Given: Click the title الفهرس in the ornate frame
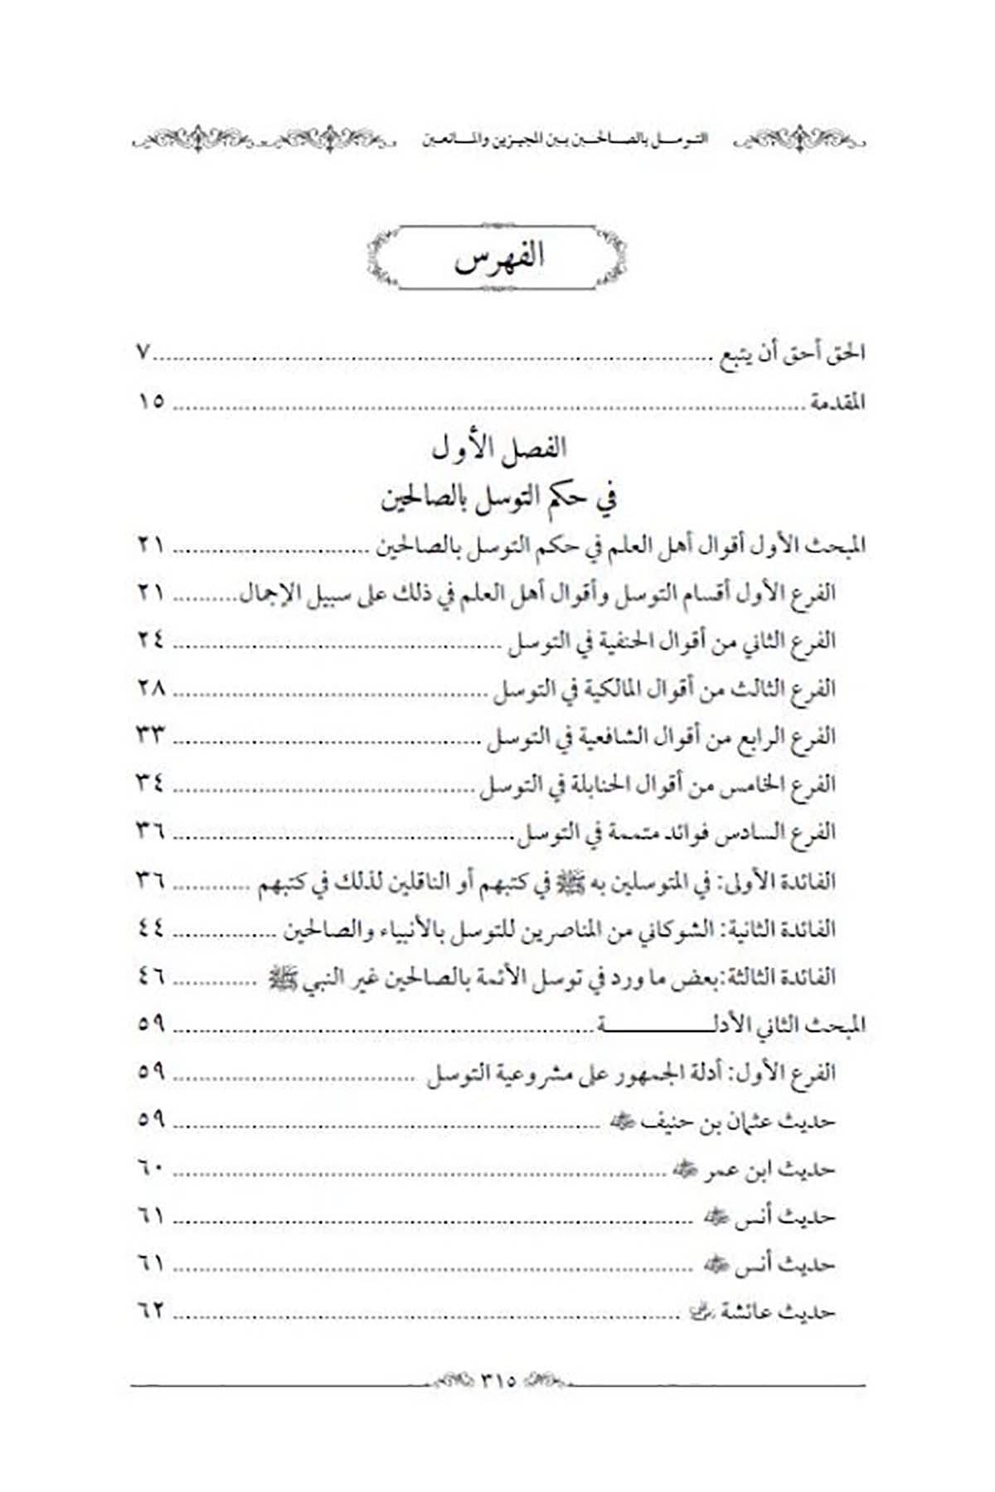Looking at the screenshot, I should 498,257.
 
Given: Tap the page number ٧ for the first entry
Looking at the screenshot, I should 143,353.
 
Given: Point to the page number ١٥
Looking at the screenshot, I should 151,402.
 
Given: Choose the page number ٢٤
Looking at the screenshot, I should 151,640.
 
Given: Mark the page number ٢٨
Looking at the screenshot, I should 151,688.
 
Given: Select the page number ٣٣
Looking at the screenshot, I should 151,736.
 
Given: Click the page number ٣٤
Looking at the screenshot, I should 151,784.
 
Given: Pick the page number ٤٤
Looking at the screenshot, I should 151,928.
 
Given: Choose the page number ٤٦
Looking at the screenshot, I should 151,976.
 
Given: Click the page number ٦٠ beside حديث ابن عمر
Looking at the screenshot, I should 151,1169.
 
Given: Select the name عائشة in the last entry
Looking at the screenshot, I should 749,1313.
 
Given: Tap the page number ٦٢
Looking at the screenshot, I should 151,1312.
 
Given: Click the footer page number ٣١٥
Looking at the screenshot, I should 498,1381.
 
